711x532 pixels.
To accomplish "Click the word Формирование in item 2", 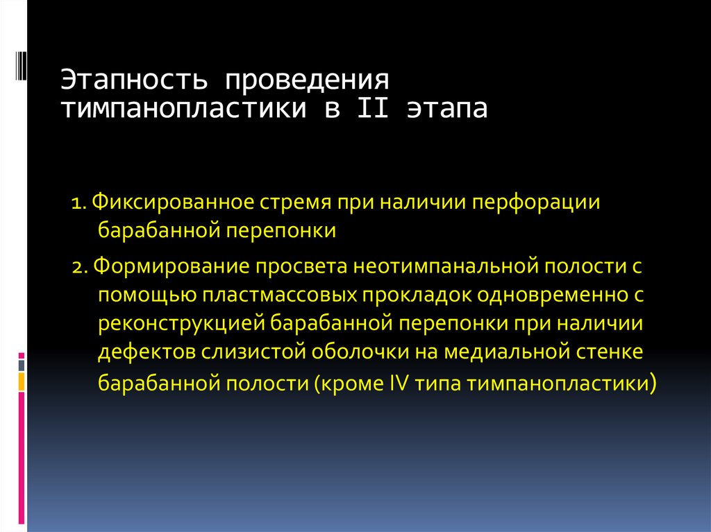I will tap(167, 265).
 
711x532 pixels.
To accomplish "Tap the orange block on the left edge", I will tap(22, 381).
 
